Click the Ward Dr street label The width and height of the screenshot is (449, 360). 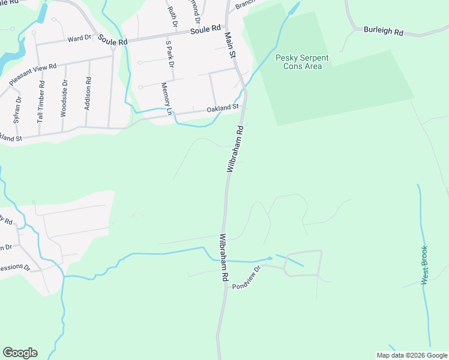79,38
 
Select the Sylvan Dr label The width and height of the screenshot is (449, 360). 18,109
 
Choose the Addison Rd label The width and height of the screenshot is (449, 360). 88,94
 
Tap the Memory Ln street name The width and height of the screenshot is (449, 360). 166,99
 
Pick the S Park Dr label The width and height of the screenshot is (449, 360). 170,56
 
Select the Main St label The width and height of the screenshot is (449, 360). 229,45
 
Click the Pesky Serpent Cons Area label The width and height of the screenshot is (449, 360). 302,62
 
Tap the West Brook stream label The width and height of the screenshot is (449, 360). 424,265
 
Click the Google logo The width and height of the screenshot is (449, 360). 20,353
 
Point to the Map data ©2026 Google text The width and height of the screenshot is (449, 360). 411,355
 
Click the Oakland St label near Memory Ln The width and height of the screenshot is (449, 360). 223,109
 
